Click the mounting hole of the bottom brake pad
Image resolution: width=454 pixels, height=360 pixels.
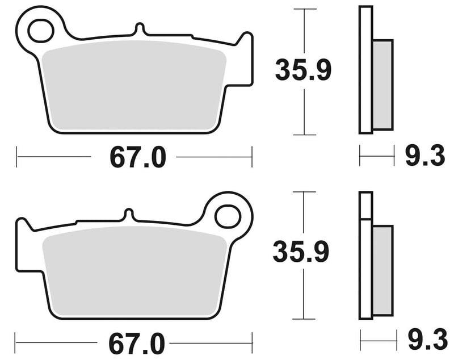[228, 215]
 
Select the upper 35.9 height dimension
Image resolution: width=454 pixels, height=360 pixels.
[303, 70]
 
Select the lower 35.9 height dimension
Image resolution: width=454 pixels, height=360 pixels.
[301, 252]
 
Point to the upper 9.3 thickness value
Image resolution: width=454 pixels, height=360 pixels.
[424, 156]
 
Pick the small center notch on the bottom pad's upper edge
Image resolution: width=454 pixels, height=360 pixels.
[129, 214]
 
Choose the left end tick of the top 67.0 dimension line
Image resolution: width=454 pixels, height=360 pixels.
[16, 156]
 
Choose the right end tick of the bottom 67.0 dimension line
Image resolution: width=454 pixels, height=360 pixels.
[252, 342]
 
